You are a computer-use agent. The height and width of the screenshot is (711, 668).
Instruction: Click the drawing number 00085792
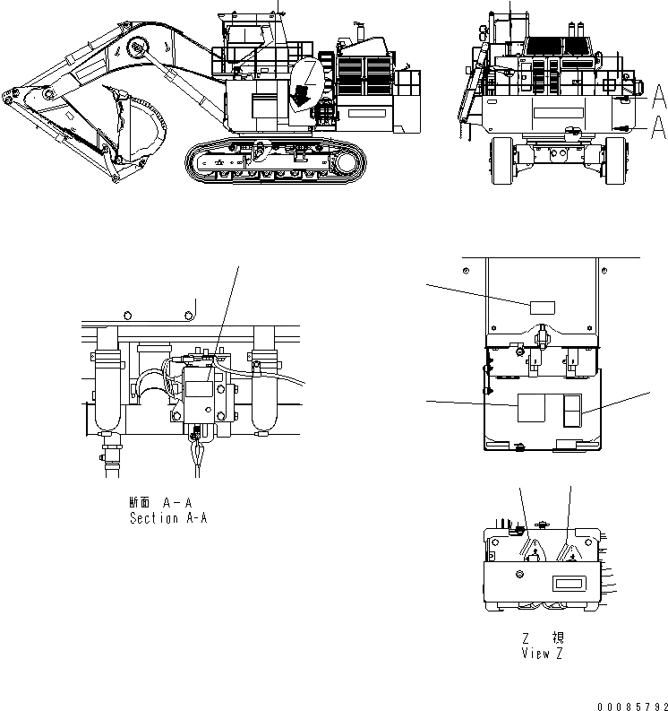point(627,704)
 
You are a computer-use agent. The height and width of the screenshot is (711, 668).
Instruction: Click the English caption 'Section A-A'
point(168,518)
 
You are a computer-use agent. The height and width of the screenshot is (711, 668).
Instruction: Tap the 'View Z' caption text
point(543,653)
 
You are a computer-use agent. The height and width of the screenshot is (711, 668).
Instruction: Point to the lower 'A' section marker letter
point(658,128)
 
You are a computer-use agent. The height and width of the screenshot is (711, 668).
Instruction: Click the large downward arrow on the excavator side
point(304,91)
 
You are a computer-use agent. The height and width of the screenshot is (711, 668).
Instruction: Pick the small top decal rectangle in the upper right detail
point(542,308)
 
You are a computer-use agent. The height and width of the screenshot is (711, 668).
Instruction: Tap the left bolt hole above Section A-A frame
point(128,315)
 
